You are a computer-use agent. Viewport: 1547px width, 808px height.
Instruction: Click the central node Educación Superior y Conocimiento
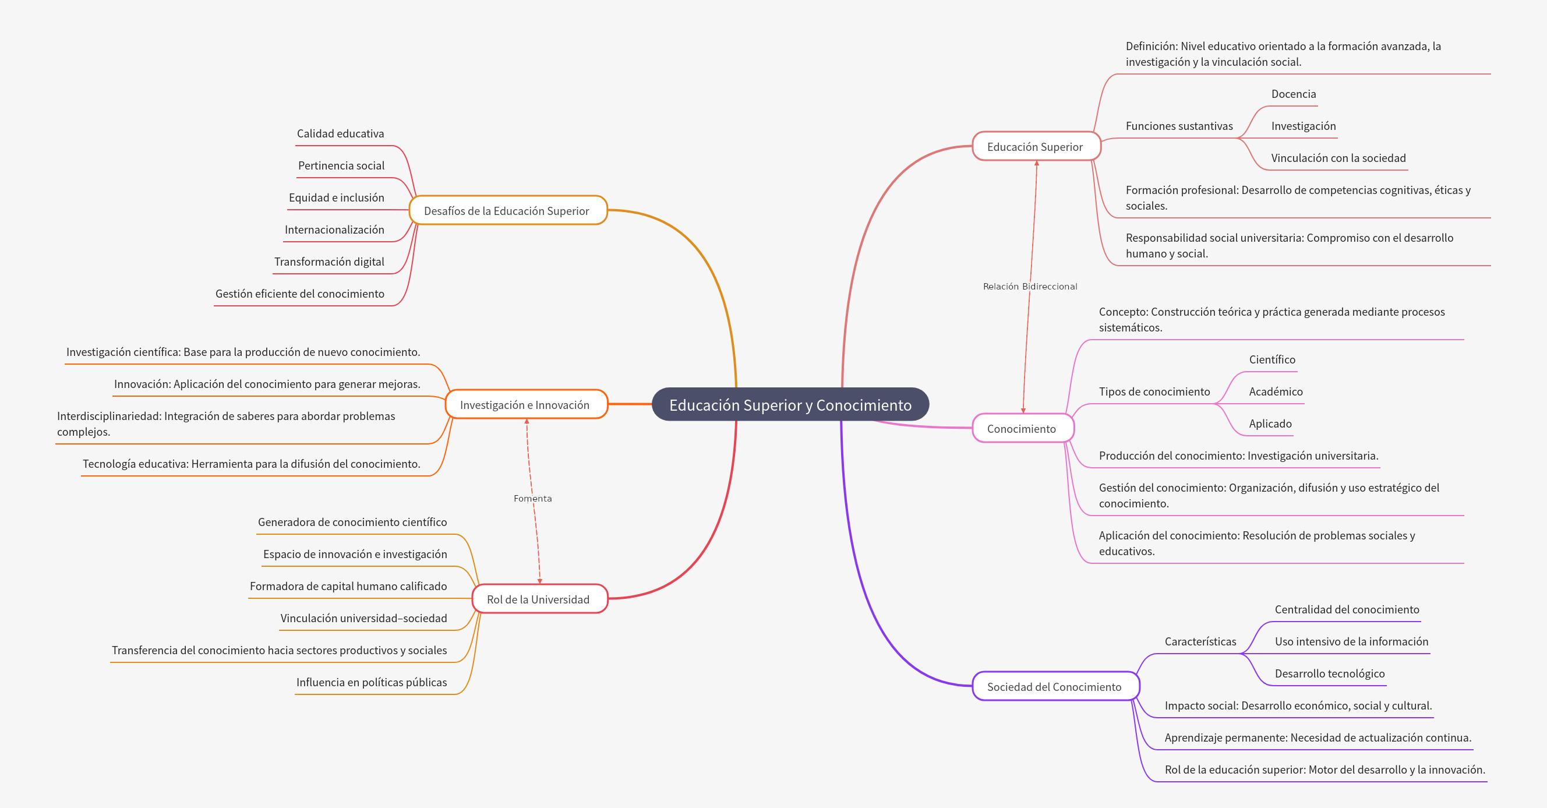790,405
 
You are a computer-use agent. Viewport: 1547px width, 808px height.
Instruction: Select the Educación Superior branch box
1035,147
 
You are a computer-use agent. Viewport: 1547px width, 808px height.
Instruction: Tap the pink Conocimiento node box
1022,428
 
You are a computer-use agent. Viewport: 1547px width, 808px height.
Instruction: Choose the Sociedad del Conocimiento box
1054,687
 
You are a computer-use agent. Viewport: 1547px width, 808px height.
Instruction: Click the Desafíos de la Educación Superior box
507,211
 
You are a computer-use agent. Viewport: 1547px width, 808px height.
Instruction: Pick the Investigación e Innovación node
525,405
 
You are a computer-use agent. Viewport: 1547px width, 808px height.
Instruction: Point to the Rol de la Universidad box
538,599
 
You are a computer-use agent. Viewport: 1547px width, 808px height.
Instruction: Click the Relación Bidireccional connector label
1030,287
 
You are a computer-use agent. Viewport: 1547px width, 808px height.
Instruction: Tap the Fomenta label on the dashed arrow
533,499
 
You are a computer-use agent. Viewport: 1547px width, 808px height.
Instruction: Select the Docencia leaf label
1293,94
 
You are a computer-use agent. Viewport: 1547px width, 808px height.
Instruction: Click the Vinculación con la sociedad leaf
1338,158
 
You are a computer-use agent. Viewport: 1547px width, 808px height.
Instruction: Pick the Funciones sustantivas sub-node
1179,126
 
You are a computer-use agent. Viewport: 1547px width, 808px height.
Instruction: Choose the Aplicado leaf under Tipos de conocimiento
1270,424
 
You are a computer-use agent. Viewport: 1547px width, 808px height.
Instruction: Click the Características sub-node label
1200,641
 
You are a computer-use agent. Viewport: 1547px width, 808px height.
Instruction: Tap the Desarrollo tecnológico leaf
1329,673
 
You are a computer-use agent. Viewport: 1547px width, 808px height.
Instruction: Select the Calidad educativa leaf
340,133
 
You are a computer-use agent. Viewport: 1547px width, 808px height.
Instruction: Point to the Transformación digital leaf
329,262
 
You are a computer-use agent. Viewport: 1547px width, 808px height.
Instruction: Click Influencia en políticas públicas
371,682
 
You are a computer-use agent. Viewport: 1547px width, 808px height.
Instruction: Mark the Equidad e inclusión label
336,197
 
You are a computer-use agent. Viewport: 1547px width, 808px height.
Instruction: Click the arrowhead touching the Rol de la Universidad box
540,581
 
